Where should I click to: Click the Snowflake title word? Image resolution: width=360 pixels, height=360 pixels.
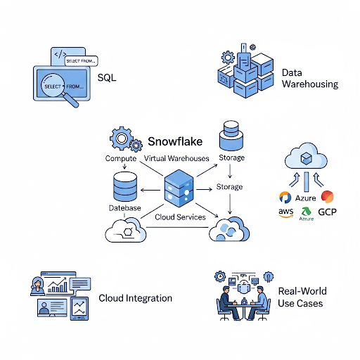tap(175, 141)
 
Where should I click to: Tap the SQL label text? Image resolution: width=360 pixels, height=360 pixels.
tap(107, 77)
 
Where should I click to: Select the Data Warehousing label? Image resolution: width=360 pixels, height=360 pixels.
tap(310, 79)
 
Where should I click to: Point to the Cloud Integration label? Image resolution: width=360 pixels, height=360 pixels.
tap(135, 298)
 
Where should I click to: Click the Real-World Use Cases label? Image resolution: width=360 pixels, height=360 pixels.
tap(302, 297)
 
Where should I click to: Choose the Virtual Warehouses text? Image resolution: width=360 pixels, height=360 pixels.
tap(176, 158)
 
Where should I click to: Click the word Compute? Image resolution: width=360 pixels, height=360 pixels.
tap(121, 158)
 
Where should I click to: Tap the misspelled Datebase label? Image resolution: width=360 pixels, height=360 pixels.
tap(124, 208)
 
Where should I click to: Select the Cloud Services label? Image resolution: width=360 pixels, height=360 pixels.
tap(180, 217)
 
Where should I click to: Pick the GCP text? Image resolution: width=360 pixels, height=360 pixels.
tap(327, 212)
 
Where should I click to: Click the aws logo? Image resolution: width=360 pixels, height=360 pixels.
tap(286, 212)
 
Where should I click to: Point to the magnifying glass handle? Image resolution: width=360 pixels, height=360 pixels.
tap(71, 101)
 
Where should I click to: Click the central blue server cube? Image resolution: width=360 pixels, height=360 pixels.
tap(179, 188)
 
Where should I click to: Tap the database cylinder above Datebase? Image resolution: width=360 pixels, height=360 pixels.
tap(125, 187)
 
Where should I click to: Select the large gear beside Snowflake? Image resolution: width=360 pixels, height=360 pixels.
tap(121, 139)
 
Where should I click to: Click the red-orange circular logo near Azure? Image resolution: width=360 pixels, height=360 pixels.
tap(327, 196)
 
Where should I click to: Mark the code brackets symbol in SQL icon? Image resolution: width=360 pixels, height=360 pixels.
tap(60, 54)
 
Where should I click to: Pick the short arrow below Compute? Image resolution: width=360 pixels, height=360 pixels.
tap(124, 166)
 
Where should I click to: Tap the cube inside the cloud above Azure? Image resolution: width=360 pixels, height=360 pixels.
tap(306, 158)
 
